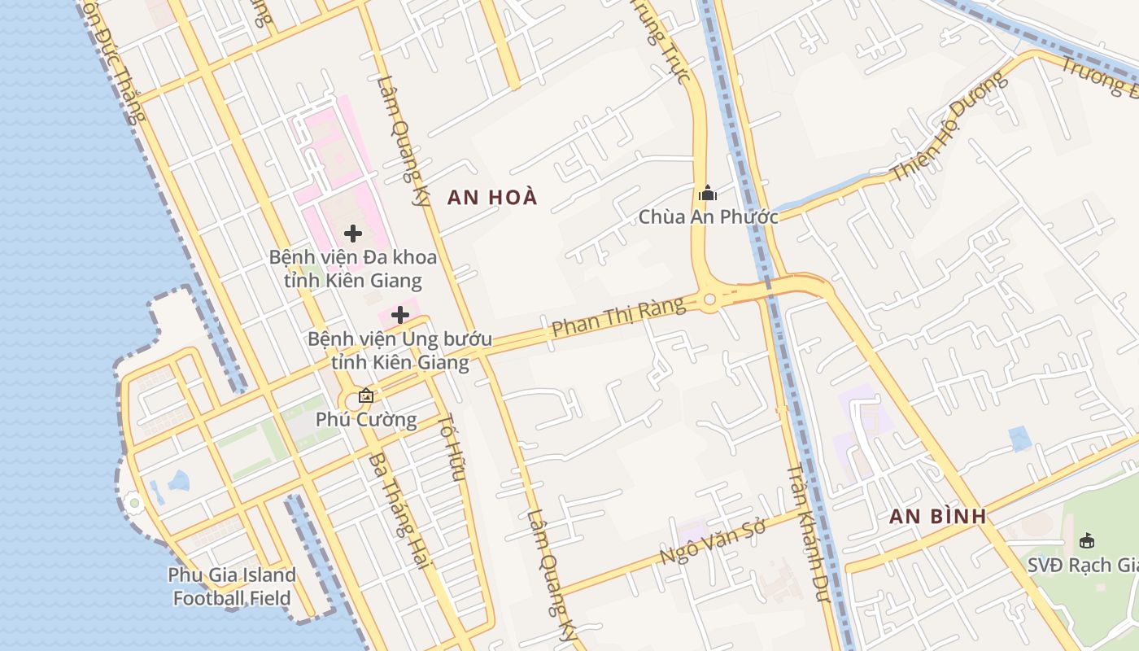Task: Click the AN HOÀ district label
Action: coord(492,197)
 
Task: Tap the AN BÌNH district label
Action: coord(937,516)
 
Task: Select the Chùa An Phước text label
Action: coord(708,216)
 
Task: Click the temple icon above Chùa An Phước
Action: coord(708,193)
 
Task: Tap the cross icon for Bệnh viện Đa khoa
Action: coord(353,234)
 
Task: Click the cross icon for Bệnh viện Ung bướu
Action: coord(400,314)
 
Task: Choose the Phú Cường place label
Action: coord(366,420)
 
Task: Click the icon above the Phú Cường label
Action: coord(366,396)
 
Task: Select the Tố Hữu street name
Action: coord(452,447)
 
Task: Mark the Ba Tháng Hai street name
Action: coord(398,510)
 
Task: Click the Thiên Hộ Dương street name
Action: coord(949,128)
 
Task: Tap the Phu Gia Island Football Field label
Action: coord(232,587)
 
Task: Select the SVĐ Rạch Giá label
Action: coord(1081,565)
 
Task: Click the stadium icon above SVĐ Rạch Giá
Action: coord(1086,540)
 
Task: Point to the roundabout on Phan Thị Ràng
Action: coord(709,299)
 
